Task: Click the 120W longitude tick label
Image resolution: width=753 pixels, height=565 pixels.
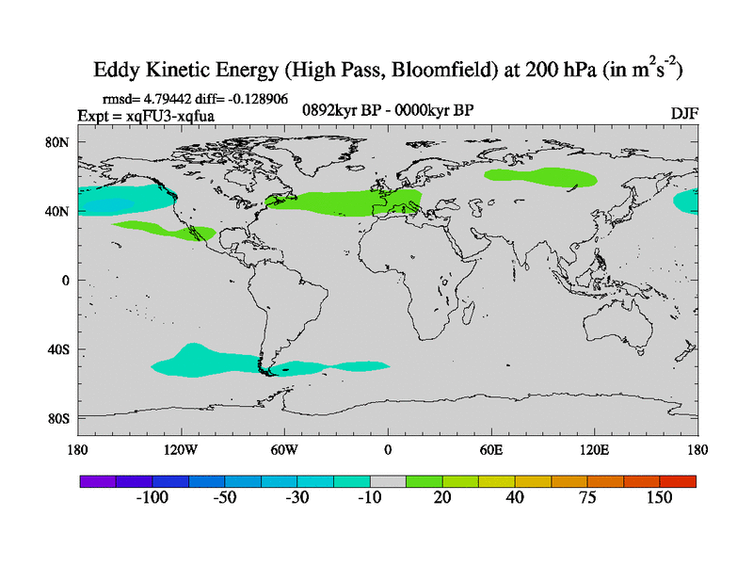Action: [x=180, y=448]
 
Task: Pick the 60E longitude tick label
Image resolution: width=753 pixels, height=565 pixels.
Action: [x=491, y=448]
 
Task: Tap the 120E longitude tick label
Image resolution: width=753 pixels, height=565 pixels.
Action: [x=595, y=448]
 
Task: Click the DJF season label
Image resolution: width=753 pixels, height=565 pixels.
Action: [x=684, y=113]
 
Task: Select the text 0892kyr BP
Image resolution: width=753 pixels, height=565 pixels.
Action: [x=336, y=110]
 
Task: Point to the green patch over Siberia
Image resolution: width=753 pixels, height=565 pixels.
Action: [x=540, y=176]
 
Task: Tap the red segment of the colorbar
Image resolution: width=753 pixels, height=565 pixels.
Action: [x=678, y=481]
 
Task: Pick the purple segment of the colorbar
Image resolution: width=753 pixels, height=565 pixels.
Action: [x=97, y=481]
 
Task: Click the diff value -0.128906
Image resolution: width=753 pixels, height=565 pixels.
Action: [x=255, y=98]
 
